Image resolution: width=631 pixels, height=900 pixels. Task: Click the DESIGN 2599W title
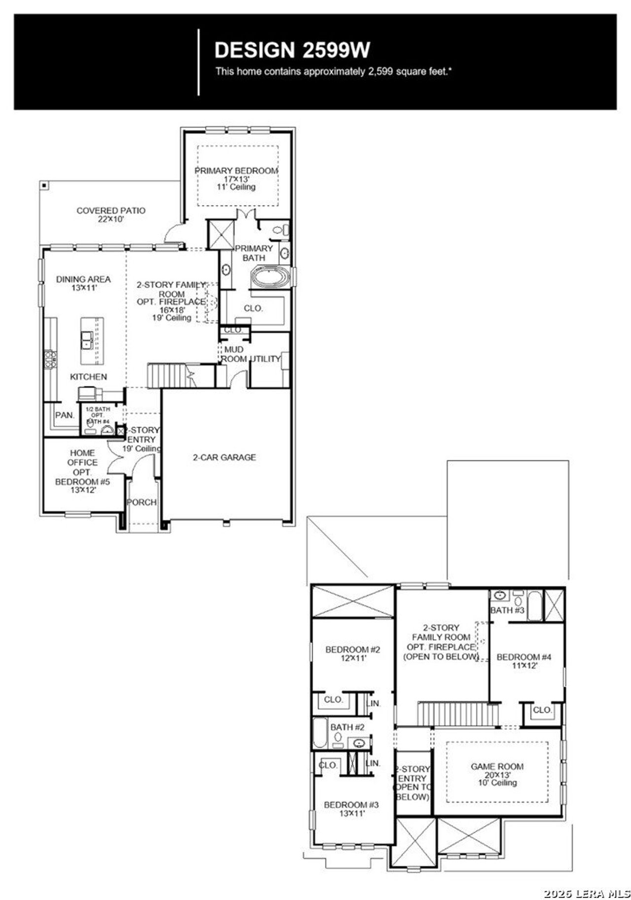click(292, 50)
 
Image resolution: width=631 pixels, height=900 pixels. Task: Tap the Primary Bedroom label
click(236, 178)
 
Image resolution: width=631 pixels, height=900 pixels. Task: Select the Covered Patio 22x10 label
click(111, 214)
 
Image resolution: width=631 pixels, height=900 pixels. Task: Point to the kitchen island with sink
click(92, 341)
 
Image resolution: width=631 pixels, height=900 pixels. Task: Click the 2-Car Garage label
click(224, 457)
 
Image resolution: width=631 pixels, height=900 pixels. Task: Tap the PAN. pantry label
click(65, 415)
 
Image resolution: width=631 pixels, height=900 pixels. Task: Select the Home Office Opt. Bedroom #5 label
click(82, 471)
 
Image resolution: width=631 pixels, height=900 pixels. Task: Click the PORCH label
click(141, 502)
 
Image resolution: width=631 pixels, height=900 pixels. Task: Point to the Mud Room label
click(234, 354)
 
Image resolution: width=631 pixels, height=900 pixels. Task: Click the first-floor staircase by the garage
click(165, 376)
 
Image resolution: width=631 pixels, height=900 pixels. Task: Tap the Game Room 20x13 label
click(497, 774)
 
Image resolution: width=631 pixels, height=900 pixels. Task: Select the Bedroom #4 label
click(524, 661)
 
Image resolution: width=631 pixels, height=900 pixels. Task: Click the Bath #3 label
click(507, 611)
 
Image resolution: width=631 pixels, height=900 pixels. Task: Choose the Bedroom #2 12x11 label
click(352, 654)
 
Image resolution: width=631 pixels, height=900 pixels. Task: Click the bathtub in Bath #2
click(319, 734)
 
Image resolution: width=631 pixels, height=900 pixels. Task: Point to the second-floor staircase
click(457, 714)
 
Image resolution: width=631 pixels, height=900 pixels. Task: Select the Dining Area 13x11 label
click(83, 283)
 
